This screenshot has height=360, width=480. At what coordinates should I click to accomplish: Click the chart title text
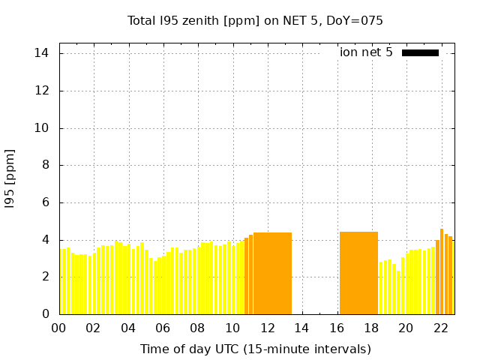pyautogui.click(x=255, y=21)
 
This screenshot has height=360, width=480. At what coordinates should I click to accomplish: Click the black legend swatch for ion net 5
pyautogui.click(x=420, y=52)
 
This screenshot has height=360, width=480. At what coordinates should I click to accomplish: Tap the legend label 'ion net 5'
pyautogui.click(x=366, y=52)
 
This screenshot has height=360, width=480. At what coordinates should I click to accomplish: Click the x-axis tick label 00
pyautogui.click(x=58, y=328)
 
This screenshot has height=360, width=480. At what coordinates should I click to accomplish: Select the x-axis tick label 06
pyautogui.click(x=163, y=328)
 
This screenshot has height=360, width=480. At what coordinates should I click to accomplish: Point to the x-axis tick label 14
pyautogui.click(x=301, y=328)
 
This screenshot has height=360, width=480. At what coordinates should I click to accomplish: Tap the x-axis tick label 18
pyautogui.click(x=370, y=328)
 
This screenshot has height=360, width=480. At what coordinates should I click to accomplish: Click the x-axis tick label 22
pyautogui.click(x=440, y=328)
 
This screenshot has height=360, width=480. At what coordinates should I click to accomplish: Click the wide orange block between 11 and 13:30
pyautogui.click(x=272, y=273)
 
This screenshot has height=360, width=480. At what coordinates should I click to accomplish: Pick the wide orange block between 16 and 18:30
pyautogui.click(x=358, y=273)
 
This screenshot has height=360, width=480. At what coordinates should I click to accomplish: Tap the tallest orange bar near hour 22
pyautogui.click(x=442, y=271)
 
